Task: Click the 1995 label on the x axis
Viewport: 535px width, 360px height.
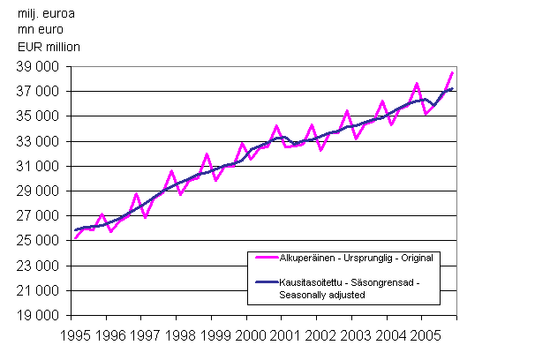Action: point(77,335)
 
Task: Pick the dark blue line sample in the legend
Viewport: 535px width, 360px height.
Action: point(264,281)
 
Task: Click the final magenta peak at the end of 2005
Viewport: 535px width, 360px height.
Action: point(452,72)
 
